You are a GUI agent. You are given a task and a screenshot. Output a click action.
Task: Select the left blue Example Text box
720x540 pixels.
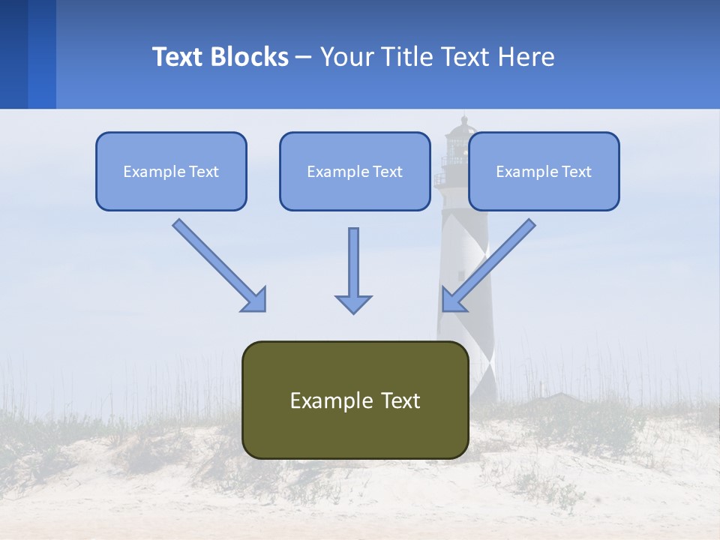pos(171,172)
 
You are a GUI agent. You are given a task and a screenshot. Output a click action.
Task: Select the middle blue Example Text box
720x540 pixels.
pos(355,172)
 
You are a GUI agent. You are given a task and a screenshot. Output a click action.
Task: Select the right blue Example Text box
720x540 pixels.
pos(544,172)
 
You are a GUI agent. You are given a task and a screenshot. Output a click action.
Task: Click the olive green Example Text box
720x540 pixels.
pos(355,400)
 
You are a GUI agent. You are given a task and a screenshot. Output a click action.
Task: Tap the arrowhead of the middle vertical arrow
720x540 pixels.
pos(353,303)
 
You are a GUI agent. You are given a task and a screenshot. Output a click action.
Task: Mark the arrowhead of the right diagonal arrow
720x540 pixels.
pos(453,300)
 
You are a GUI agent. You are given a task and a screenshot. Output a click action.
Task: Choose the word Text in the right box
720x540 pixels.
pos(576,172)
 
